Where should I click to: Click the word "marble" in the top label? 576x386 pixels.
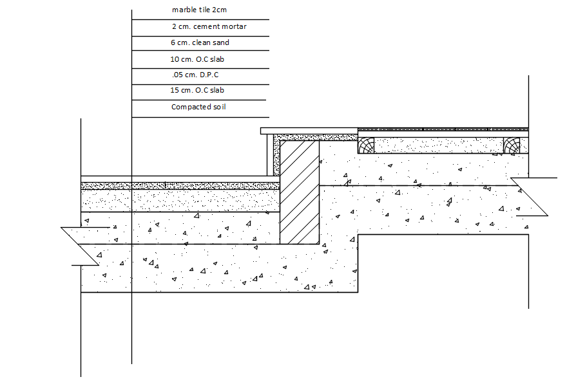pos(184,10)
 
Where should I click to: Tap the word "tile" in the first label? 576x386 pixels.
pos(204,10)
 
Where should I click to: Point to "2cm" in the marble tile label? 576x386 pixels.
pos(219,10)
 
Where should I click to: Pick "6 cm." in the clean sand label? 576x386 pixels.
pos(180,42)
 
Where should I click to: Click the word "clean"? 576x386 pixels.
pos(202,42)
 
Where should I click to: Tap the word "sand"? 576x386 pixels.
pos(221,42)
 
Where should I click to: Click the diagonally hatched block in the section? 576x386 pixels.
pos(300,193)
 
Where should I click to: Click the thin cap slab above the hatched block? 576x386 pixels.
pos(309,131)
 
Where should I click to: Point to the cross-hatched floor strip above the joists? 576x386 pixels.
pos(443,129)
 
